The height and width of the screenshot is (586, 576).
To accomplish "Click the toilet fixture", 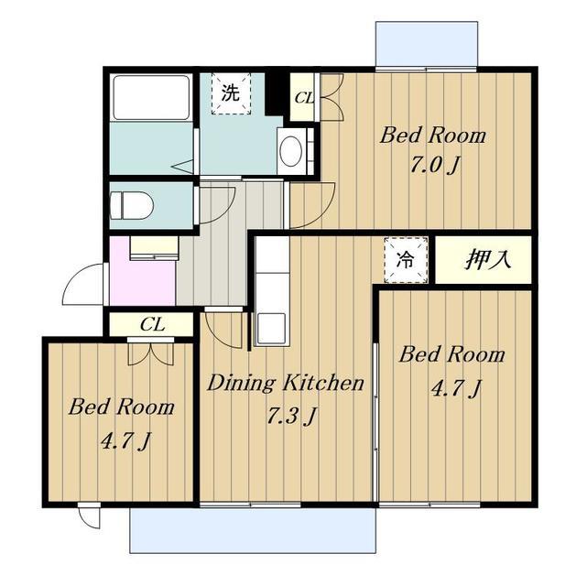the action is click(x=132, y=205).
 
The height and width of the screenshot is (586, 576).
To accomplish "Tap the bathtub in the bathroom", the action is click(x=151, y=97).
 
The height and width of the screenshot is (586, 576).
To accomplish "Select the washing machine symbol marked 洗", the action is click(x=231, y=93).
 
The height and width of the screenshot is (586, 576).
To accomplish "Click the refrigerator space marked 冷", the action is click(x=406, y=260).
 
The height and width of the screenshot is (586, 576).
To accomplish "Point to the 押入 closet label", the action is click(x=487, y=259).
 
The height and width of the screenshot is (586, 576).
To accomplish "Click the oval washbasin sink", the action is click(x=290, y=151).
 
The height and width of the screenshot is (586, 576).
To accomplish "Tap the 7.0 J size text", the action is click(x=435, y=165).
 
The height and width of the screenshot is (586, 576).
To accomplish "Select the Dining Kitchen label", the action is click(x=285, y=383).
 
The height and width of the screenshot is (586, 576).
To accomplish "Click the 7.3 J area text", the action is click(x=292, y=416).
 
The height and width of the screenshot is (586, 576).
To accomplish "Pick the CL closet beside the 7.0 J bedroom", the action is click(x=302, y=98).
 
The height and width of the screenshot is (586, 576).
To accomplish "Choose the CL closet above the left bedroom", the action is click(x=151, y=324).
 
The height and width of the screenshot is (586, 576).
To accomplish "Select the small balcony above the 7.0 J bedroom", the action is click(x=427, y=44).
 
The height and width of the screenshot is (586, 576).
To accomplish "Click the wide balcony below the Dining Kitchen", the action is click(x=253, y=530).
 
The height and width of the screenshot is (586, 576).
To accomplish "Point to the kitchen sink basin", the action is click(x=271, y=328).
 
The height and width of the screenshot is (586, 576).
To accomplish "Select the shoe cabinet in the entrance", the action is click(x=155, y=247).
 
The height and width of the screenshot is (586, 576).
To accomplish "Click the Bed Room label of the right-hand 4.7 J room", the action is click(x=451, y=354).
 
